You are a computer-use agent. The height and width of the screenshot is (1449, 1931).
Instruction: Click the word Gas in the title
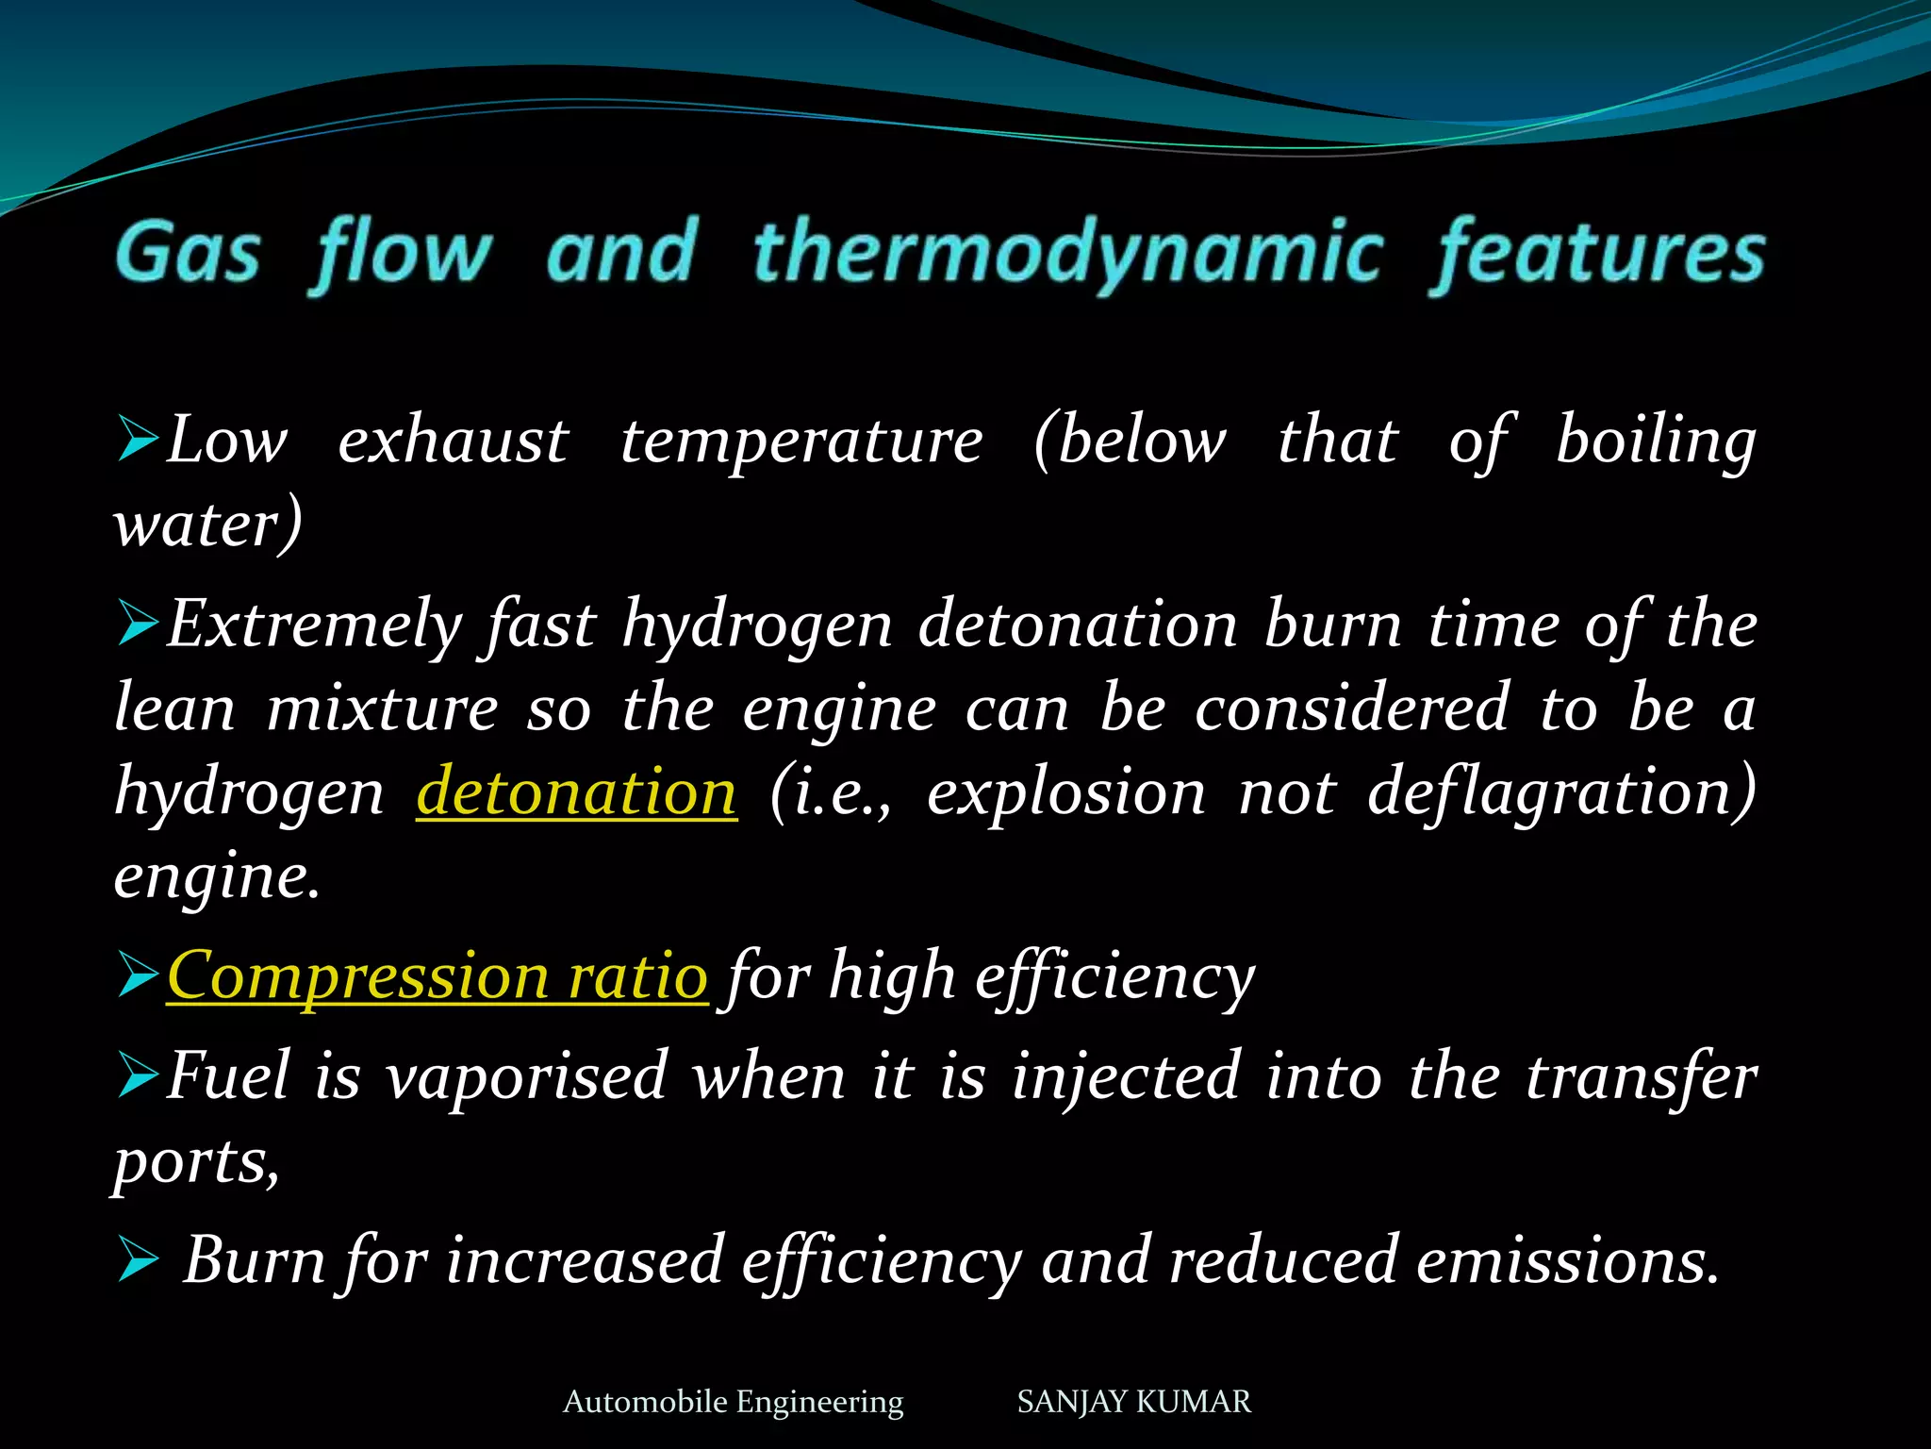click(x=188, y=253)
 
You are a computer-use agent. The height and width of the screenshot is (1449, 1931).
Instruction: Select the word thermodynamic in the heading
click(x=1067, y=253)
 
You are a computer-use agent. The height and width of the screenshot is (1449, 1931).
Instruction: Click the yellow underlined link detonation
click(x=576, y=791)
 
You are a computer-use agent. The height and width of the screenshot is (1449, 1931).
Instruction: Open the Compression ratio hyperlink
click(x=437, y=975)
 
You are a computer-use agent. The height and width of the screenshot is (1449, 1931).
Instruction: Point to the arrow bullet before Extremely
click(x=138, y=625)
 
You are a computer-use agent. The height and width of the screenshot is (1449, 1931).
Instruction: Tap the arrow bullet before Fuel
click(x=138, y=1076)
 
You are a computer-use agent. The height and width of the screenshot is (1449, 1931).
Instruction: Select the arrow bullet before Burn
click(x=138, y=1260)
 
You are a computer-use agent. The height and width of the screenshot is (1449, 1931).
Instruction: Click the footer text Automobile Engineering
click(x=733, y=1402)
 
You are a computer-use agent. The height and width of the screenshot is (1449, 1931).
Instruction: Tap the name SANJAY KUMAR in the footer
click(x=1133, y=1402)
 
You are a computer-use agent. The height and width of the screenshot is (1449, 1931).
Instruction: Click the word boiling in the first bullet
click(x=1656, y=441)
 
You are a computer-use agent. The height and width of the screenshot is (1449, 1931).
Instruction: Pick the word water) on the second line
click(x=207, y=525)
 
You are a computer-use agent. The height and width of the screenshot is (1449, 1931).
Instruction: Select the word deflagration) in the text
click(x=1561, y=793)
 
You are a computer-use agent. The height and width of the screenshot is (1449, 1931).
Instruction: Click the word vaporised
click(x=527, y=1076)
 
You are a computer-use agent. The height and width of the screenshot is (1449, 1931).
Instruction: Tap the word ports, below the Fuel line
click(x=196, y=1162)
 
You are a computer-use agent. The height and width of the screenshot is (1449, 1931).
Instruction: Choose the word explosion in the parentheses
click(x=1065, y=791)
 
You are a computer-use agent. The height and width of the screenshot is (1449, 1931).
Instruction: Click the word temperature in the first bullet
click(x=801, y=441)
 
